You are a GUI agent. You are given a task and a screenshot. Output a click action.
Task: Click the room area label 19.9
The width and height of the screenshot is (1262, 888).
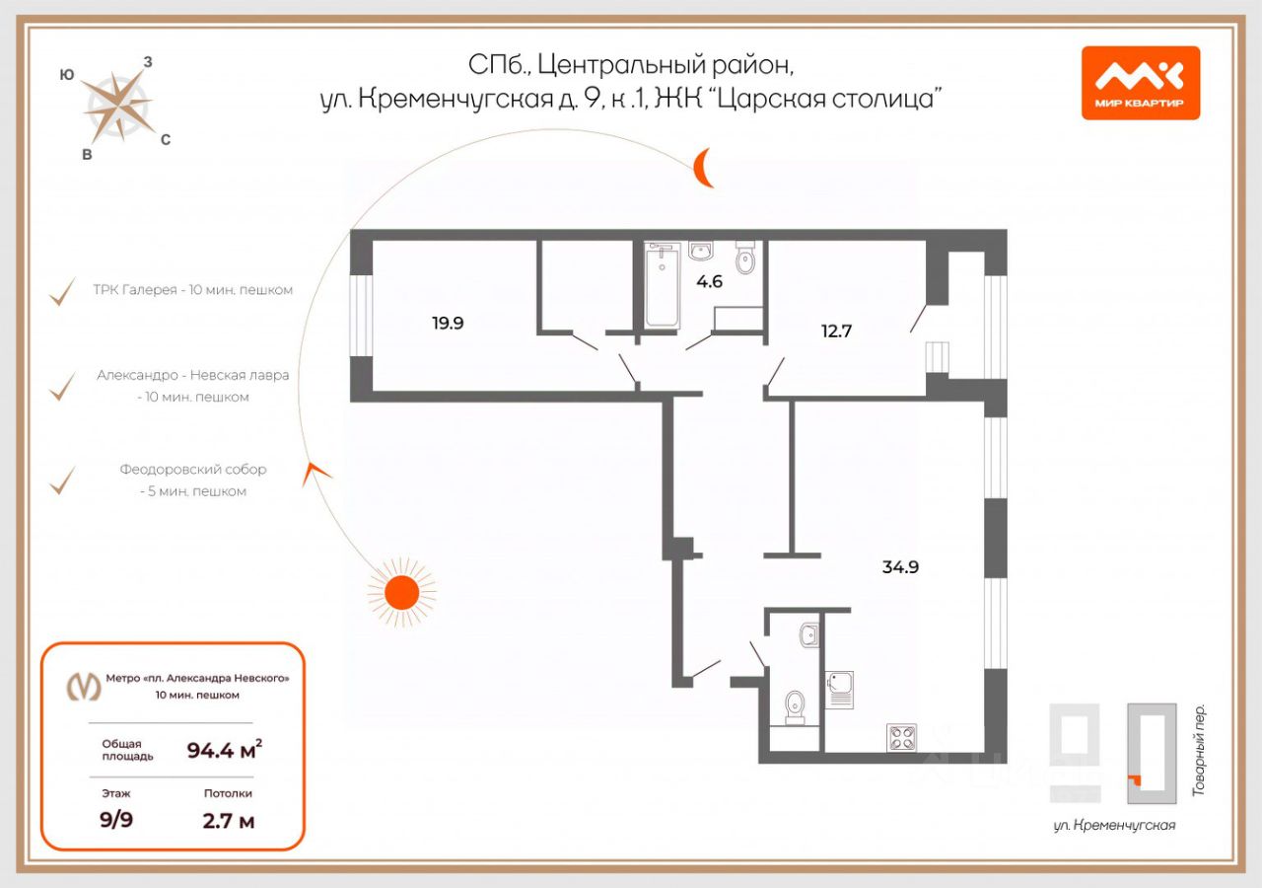[x=447, y=322]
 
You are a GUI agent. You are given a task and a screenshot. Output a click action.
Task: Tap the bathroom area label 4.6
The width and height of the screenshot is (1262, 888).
[x=709, y=281]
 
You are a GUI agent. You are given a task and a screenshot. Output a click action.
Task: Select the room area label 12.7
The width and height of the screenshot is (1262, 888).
[x=836, y=331]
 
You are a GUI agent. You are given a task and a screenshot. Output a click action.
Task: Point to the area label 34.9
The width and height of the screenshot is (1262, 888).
[x=907, y=567]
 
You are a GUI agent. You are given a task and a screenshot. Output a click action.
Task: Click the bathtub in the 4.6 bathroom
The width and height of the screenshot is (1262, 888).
[x=663, y=287]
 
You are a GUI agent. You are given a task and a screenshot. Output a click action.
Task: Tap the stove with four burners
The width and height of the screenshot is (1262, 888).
[x=902, y=736]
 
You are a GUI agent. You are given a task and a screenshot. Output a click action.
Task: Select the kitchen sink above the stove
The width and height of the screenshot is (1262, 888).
[x=839, y=687]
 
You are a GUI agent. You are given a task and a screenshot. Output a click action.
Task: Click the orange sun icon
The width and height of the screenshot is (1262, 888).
[x=401, y=592]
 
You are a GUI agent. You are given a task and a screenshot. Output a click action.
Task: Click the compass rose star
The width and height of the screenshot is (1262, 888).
[x=116, y=105]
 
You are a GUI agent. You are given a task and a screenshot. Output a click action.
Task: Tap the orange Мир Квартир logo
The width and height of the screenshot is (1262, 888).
[x=1140, y=83]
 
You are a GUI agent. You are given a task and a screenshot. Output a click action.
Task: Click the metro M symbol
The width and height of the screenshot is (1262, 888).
[x=83, y=686]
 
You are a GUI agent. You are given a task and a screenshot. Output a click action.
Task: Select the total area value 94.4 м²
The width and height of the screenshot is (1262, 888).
[x=225, y=750]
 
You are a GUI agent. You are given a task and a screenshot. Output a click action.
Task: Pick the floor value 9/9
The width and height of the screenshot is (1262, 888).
[x=117, y=819]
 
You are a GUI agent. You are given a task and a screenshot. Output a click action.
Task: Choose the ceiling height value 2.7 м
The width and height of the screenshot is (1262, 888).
[x=228, y=819]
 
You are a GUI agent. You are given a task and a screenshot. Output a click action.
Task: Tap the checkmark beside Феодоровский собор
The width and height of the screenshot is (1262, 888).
[x=63, y=481]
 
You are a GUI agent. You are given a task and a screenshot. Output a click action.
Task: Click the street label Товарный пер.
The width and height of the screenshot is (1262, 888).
[x=1200, y=750]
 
